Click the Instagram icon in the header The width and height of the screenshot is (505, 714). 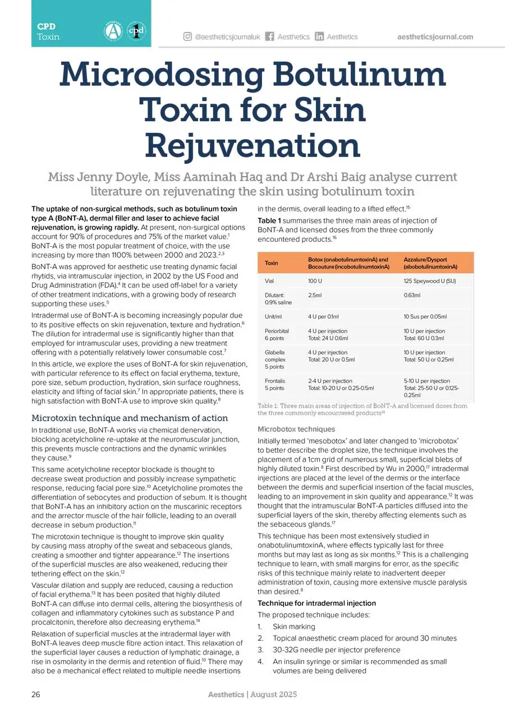pos(187,37)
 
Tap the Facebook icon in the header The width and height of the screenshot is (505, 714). pos(269,37)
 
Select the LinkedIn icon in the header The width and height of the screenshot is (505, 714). pos(319,37)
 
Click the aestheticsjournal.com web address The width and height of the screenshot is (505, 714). pos(435,37)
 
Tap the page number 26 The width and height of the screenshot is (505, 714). pos(35,694)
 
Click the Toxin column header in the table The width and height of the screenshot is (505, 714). pos(271,263)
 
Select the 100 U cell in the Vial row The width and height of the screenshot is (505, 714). pos(315,280)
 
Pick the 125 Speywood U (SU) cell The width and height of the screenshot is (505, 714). pos(428,280)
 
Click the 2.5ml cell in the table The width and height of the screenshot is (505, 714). pos(315,294)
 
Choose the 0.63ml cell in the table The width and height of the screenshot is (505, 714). pos(412,294)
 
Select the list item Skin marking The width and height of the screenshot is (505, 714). pos(293,627)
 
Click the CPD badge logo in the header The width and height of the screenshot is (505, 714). pos(136,30)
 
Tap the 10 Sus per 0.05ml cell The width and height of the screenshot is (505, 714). pos(425,317)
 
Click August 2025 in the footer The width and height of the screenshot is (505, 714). pos(273,694)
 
